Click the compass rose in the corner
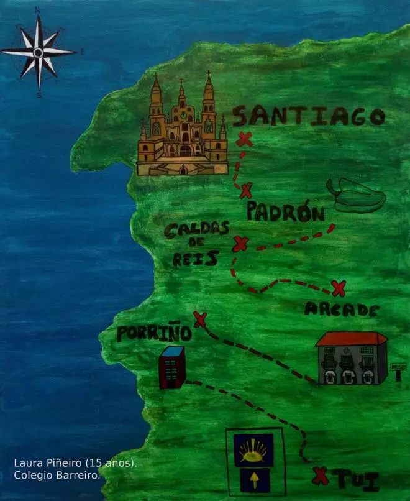coord(39,52)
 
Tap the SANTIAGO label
coord(309,116)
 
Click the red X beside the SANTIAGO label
coord(244,139)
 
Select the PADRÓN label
coord(285,212)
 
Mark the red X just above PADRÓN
coord(247,190)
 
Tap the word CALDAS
coord(197,229)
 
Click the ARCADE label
coord(341,309)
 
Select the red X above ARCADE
coord(339,288)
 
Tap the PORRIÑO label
coord(153,333)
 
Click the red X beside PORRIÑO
coord(199,319)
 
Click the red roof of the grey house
coord(351,339)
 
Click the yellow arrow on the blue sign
coord(253,478)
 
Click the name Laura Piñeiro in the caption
coord(50,463)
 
